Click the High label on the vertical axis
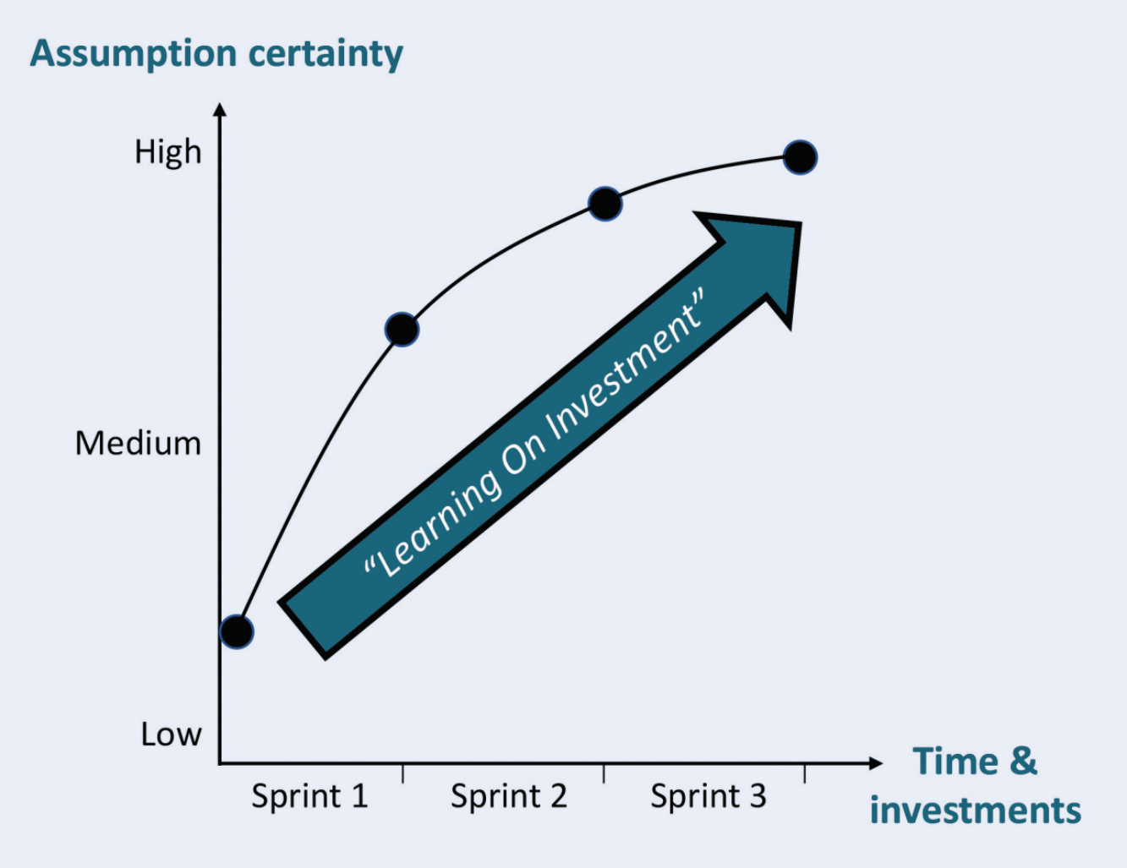pos(167,153)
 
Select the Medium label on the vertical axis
pos(138,444)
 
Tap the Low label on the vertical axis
pos(171,734)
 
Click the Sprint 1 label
pos(309,796)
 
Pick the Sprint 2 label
pos(508,796)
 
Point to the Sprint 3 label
pos(708,796)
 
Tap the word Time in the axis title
pos(955,761)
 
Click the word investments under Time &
pos(975,810)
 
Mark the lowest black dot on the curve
pos(237,631)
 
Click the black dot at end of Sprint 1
pos(402,329)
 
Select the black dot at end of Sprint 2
pos(605,204)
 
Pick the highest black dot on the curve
pos(800,157)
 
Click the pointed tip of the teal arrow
pos(798,225)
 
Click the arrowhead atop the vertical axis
pos(220,109)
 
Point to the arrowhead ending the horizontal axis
pos(876,763)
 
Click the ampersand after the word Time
pos(1022,761)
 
